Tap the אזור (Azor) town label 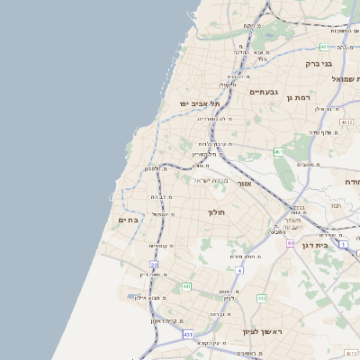tap(262, 184)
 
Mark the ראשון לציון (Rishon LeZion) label tap(262, 332)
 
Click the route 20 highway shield tap(154, 265)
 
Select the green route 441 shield tap(186, 286)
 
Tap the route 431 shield tap(187, 334)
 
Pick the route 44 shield tap(291, 243)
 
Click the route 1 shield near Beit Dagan tap(342, 243)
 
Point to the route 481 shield tap(325, 46)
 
